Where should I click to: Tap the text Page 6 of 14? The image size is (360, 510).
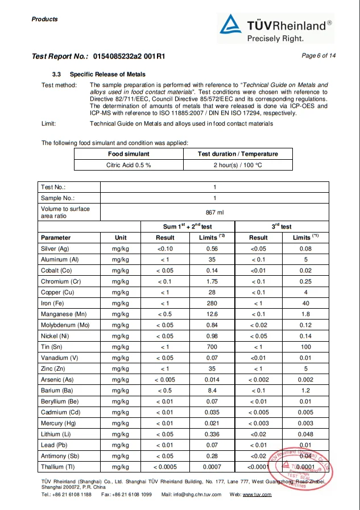318,55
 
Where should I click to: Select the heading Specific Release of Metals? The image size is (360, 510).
107,74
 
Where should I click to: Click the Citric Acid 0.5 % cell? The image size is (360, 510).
129,165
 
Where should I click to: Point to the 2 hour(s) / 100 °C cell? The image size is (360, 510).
238,165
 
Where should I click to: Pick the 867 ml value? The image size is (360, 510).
214,212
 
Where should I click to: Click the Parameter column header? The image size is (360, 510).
56,238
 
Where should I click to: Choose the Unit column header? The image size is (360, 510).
121,238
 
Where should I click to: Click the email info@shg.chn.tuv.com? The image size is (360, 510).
198,495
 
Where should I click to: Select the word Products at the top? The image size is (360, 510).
45,19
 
